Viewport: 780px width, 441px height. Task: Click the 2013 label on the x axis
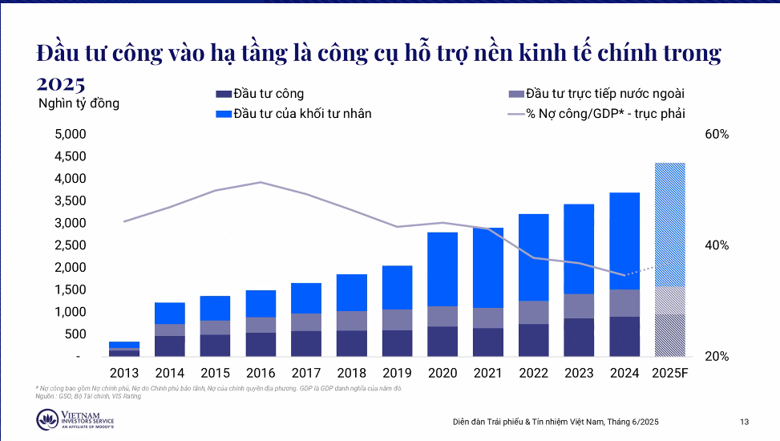(x=124, y=373)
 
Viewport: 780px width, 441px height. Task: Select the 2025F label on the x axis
(x=670, y=373)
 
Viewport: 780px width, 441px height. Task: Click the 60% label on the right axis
(x=716, y=135)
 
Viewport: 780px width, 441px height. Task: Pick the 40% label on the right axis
(x=716, y=245)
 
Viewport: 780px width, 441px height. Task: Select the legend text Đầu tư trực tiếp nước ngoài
(x=605, y=95)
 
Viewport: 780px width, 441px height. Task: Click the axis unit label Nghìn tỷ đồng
(x=79, y=103)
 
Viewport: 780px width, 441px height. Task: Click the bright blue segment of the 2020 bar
(x=443, y=269)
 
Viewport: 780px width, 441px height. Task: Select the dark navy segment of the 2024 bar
(x=624, y=336)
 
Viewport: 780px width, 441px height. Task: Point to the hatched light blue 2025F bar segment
(x=670, y=225)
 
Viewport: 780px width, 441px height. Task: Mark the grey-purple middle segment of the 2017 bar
(x=306, y=322)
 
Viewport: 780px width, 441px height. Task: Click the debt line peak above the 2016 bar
(x=261, y=182)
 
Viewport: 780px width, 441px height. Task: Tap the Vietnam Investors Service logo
(x=75, y=419)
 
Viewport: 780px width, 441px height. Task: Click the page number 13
(x=744, y=422)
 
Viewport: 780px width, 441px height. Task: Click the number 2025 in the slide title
(x=61, y=83)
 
